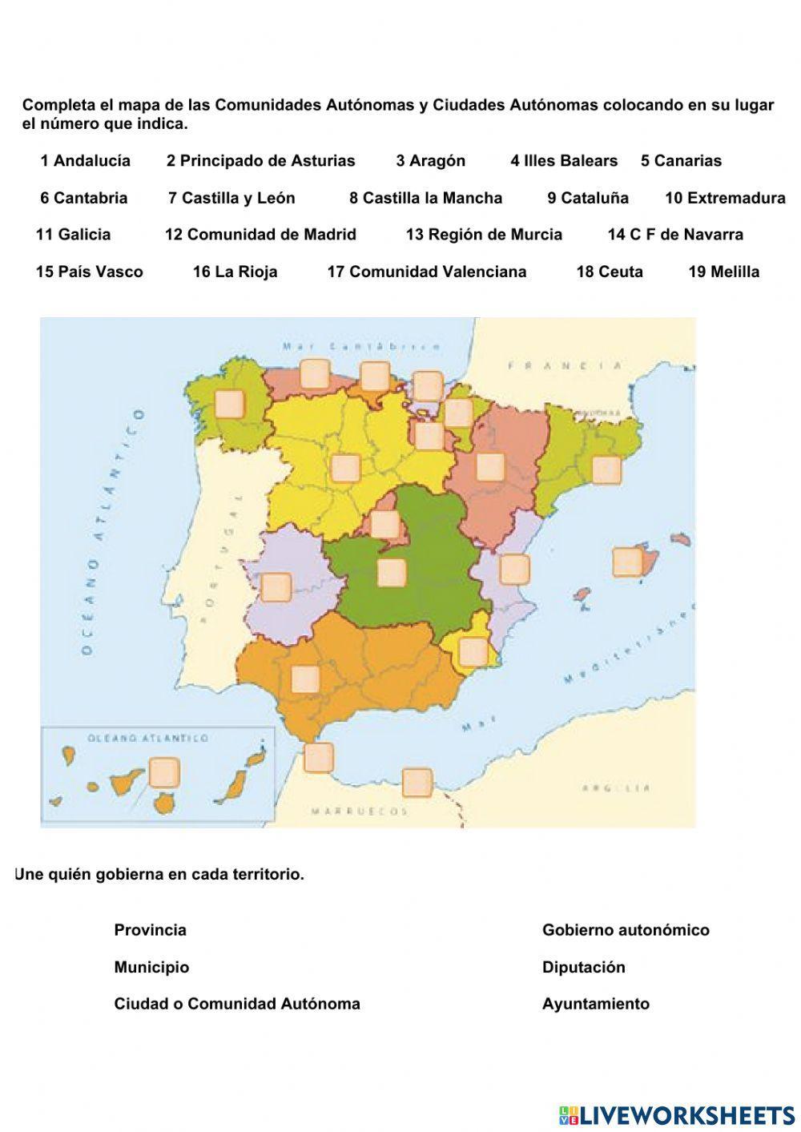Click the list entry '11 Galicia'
[x=73, y=235]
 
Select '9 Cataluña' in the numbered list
[x=588, y=198]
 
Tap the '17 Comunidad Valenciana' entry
[x=426, y=272]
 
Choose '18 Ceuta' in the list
[x=609, y=272]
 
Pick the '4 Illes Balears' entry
[x=564, y=161]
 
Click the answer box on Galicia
[x=231, y=403]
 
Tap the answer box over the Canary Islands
[x=164, y=772]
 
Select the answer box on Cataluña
[x=606, y=469]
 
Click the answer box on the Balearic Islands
[x=627, y=562]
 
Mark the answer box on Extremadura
[x=276, y=586]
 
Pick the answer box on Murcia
[x=474, y=651]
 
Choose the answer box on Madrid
[x=385, y=525]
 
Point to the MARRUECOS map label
[x=360, y=812]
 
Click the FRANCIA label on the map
[x=565, y=366]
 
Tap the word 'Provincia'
[x=150, y=930]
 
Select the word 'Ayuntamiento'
[x=595, y=1004]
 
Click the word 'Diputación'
[x=583, y=967]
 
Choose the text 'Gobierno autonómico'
[x=626, y=930]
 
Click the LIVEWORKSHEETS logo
[x=677, y=1115]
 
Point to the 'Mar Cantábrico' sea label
[x=362, y=347]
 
